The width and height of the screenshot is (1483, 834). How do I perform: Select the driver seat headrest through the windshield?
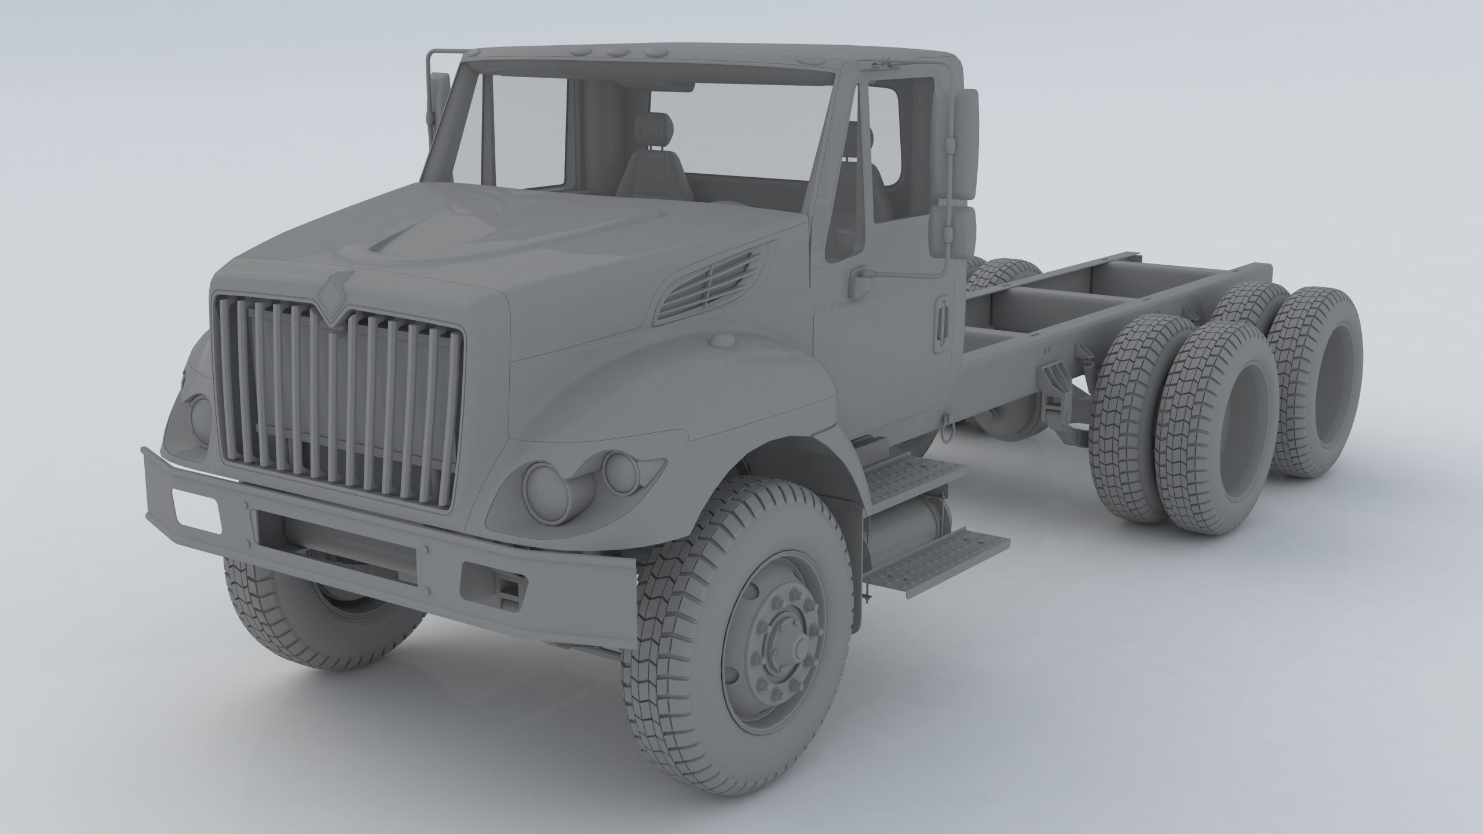pyautogui.click(x=653, y=126)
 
